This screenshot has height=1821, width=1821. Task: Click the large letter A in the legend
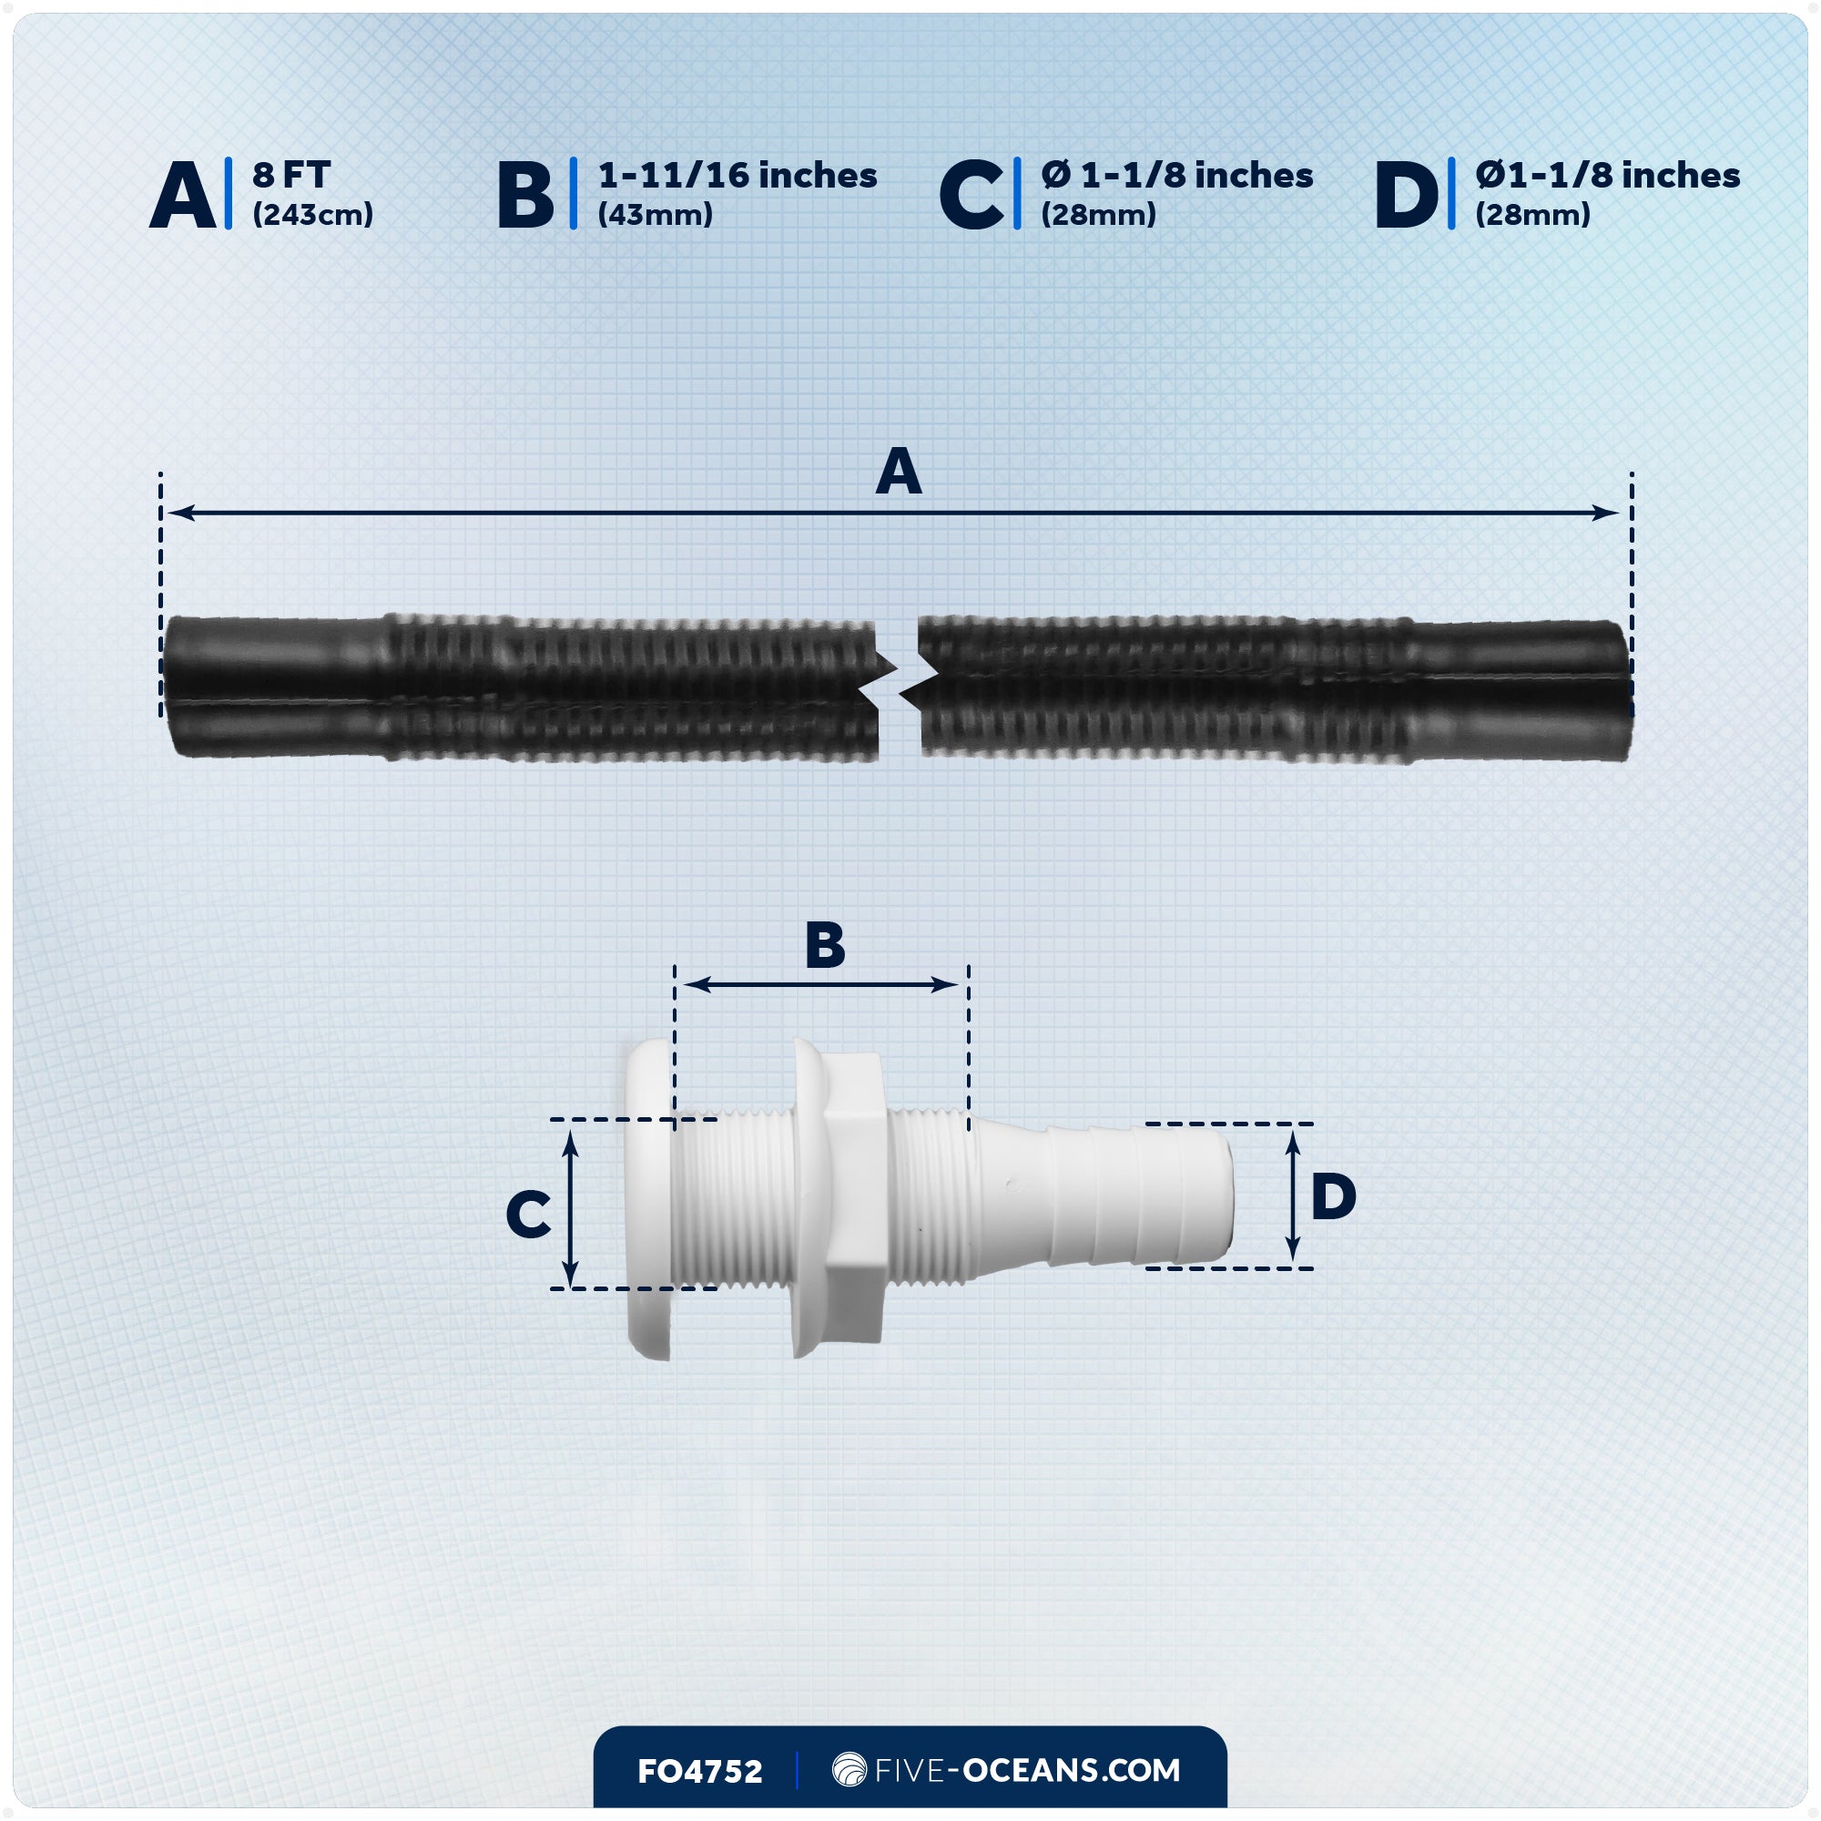tap(183, 195)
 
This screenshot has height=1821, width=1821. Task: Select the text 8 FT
tap(290, 176)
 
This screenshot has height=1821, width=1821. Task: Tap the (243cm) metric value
tap(312, 215)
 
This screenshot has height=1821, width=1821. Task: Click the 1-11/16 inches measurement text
tap(738, 176)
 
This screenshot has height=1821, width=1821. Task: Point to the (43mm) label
tap(655, 215)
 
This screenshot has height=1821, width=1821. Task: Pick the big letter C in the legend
tap(971, 195)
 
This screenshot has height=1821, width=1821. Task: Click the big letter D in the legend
tap(1407, 195)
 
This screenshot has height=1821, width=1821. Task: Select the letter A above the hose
tap(899, 472)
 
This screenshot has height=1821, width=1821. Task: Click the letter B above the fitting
tap(825, 945)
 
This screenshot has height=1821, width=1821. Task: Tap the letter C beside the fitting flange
tap(528, 1214)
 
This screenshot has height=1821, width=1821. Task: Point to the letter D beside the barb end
tap(1333, 1197)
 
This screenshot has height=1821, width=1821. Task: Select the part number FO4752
tap(699, 1771)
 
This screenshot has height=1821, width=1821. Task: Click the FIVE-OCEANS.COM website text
tap(1026, 1770)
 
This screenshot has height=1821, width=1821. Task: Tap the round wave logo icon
tap(849, 1769)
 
